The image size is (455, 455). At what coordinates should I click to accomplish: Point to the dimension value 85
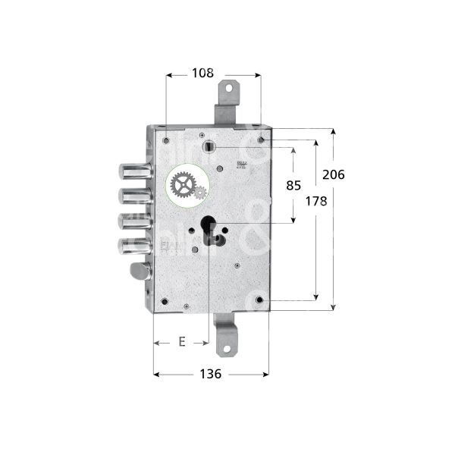pos(293,185)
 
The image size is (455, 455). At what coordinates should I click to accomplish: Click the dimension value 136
pos(210,374)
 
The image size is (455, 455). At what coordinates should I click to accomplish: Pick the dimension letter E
pos(182,342)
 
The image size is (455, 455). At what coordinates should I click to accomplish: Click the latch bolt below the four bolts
pos(140,270)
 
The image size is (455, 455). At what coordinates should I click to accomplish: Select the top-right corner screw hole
pos(261,140)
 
